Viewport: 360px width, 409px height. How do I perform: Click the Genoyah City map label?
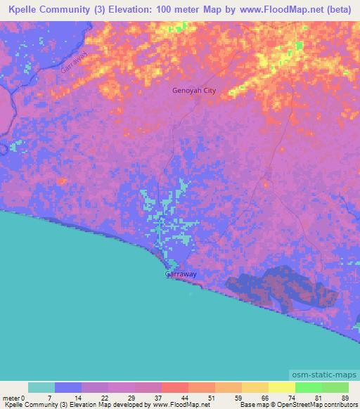coord(194,91)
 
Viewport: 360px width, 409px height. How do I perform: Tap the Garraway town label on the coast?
coord(181,275)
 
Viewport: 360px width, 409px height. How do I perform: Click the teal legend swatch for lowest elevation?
coord(41,387)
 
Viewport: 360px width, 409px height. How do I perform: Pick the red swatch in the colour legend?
coord(175,387)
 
